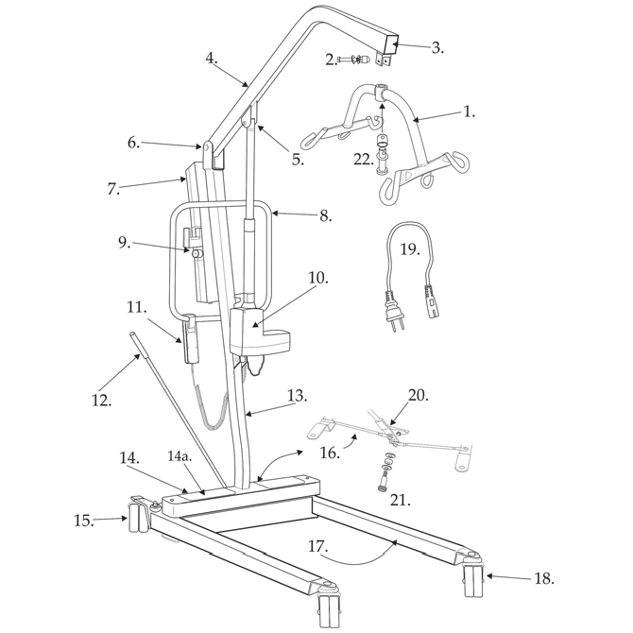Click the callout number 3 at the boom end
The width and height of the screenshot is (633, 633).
pos(437,48)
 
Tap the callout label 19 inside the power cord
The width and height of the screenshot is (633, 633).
pos(410,248)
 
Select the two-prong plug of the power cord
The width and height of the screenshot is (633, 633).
pos(391,310)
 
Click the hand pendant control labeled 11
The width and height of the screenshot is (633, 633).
pos(190,338)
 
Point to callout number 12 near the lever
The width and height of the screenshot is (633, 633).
pos(102,400)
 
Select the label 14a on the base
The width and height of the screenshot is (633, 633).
pos(180,457)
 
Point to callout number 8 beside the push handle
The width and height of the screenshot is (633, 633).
pos(325,216)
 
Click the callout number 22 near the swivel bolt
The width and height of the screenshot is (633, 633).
pos(364,160)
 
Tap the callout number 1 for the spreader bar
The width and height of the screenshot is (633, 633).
pos(469,111)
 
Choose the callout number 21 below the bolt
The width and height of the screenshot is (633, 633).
pos(400,500)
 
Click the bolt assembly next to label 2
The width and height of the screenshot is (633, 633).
pos(352,60)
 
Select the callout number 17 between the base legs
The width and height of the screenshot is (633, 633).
pos(318,546)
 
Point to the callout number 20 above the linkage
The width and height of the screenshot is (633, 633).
pos(418,395)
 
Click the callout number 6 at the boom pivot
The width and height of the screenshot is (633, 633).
pos(133,143)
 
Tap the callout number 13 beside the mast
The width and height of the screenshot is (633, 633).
pos(297,396)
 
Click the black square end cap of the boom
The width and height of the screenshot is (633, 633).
pos(391,44)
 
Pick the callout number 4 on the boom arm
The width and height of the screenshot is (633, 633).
pos(211,58)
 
